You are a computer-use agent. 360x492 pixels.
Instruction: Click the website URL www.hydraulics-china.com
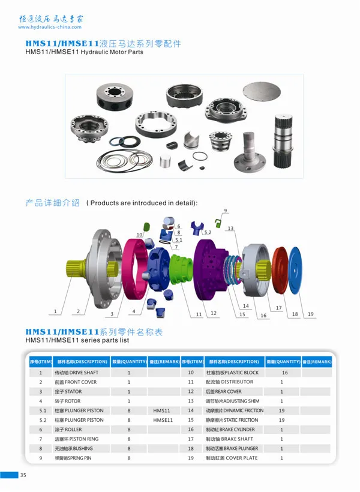click(x=50, y=27)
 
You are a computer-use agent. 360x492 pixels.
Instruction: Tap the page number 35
click(x=23, y=476)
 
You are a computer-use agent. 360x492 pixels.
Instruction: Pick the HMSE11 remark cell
click(x=163, y=420)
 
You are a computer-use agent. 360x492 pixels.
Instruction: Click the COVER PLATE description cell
click(x=233, y=458)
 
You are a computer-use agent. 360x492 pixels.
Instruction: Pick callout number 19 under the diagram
click(x=311, y=314)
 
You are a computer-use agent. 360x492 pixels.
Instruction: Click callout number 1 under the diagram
click(x=55, y=311)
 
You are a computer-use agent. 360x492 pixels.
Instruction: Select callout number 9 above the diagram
click(x=226, y=211)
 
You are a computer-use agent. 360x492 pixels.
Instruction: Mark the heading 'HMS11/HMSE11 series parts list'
click(x=77, y=340)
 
